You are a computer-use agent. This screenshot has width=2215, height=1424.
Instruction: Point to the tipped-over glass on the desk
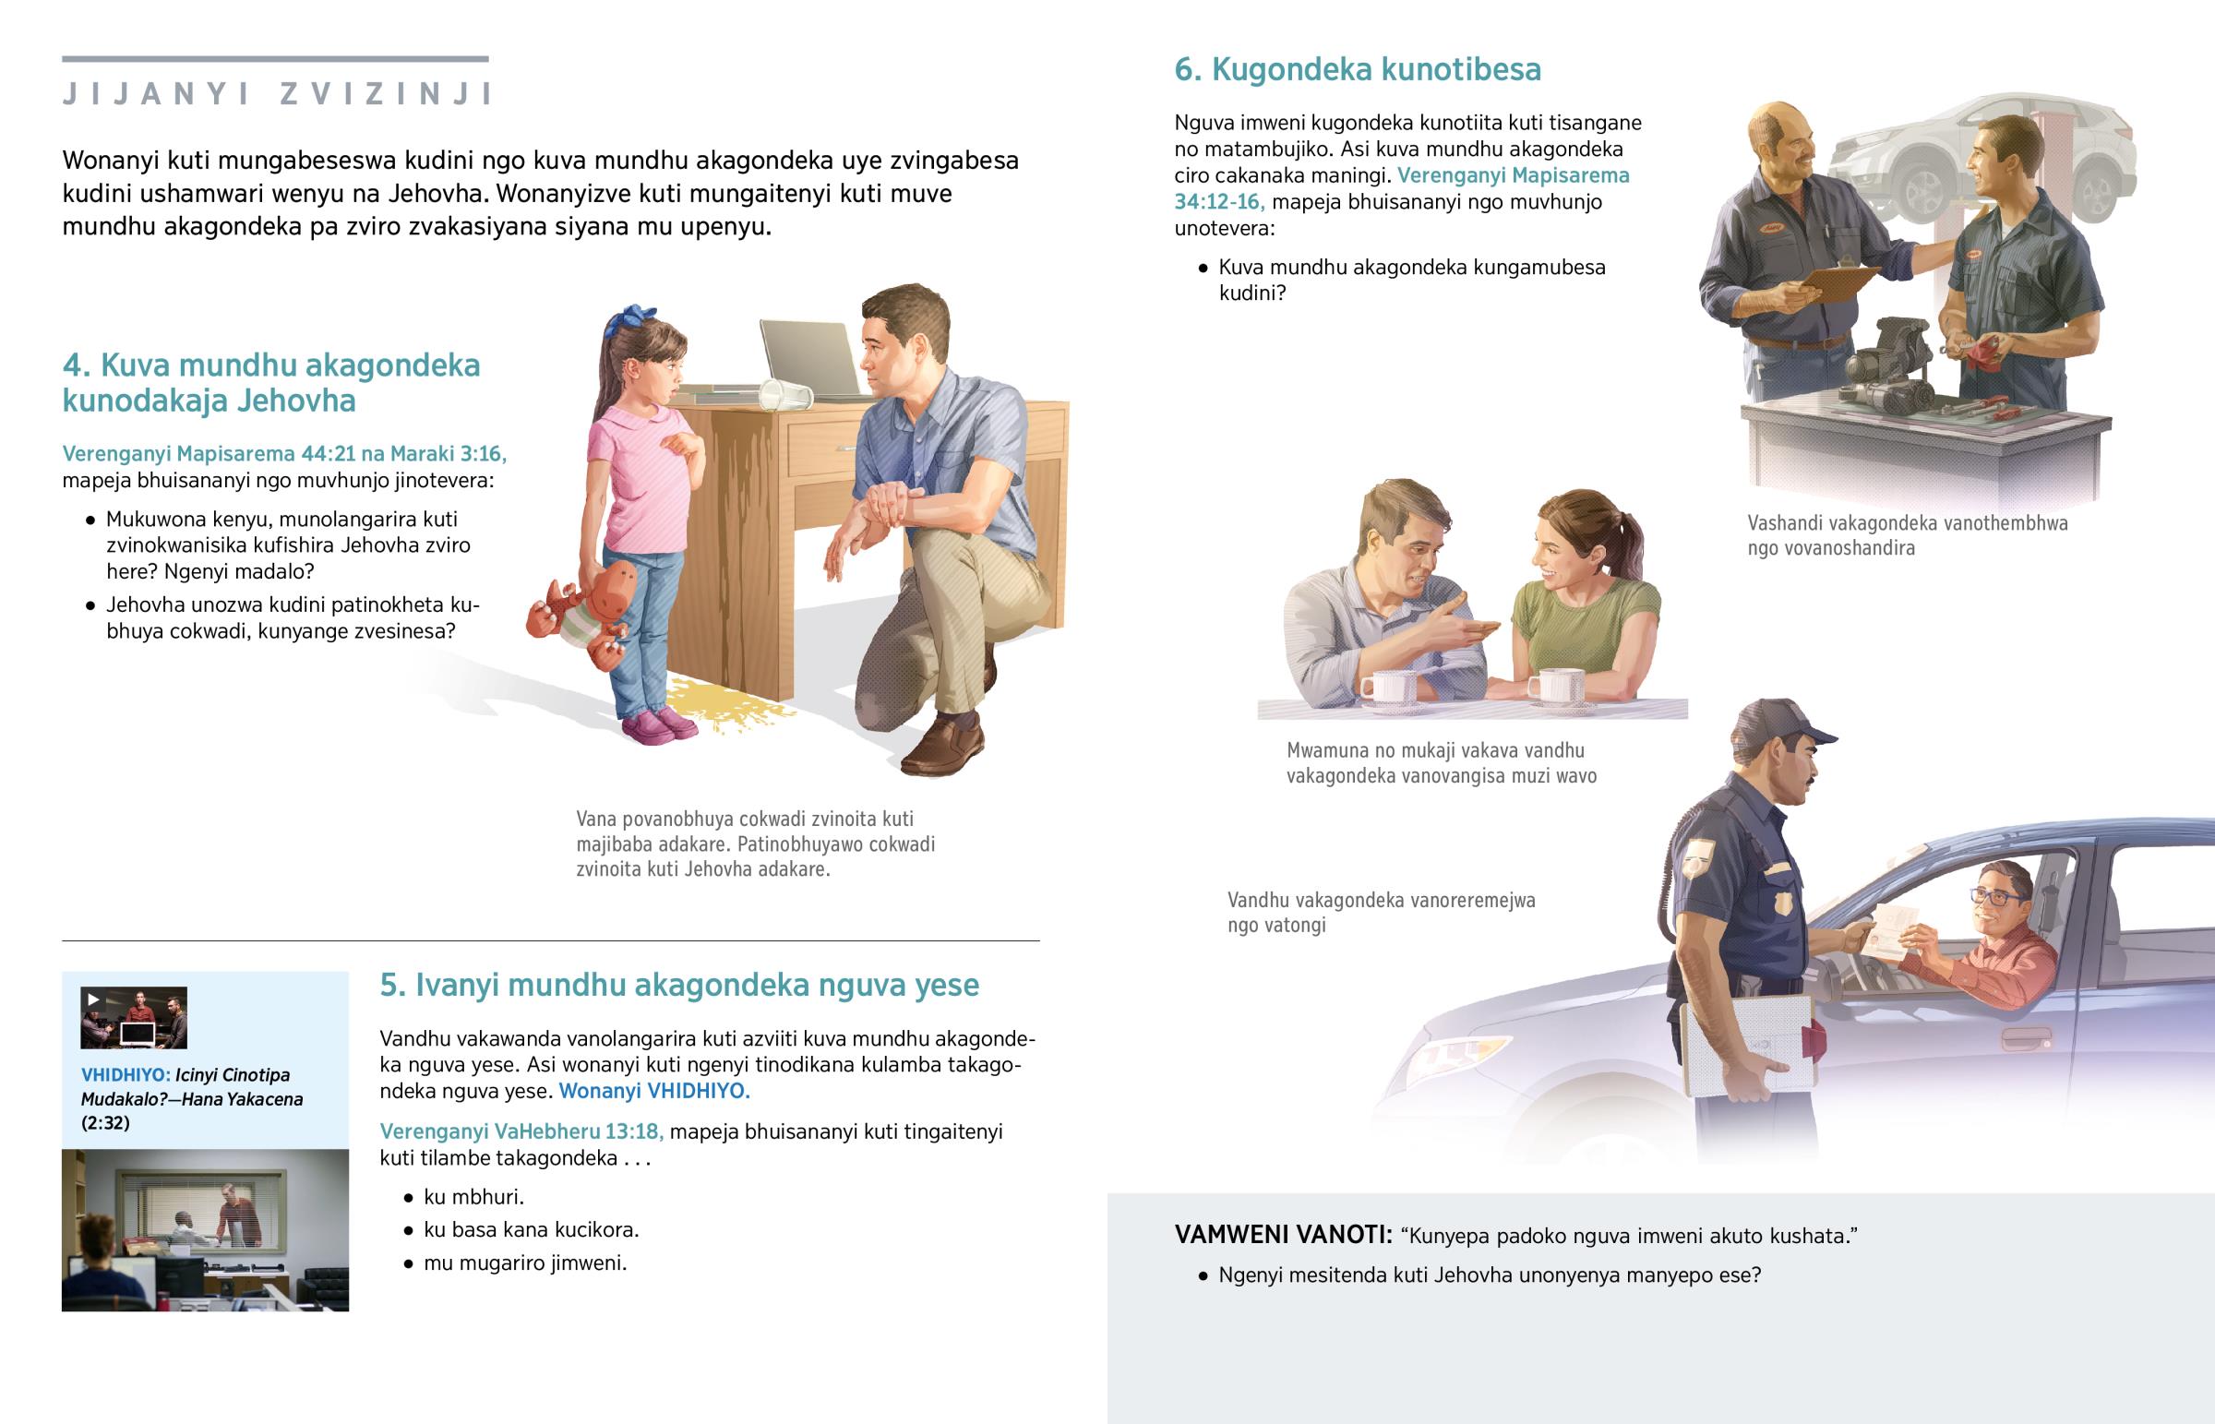click(x=784, y=395)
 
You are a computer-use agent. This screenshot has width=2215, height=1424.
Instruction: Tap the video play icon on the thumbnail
click(x=92, y=999)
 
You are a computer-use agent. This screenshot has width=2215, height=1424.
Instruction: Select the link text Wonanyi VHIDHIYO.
click(x=654, y=1091)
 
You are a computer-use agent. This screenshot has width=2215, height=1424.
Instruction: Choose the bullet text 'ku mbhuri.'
click(x=473, y=1198)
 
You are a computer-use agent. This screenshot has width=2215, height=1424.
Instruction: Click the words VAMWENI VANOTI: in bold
click(x=1283, y=1236)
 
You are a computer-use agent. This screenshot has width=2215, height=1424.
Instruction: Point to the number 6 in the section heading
click(x=1186, y=70)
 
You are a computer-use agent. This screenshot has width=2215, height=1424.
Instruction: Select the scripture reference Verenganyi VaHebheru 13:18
click(x=521, y=1131)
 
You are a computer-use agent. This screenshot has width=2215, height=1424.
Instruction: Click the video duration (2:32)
click(x=105, y=1123)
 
